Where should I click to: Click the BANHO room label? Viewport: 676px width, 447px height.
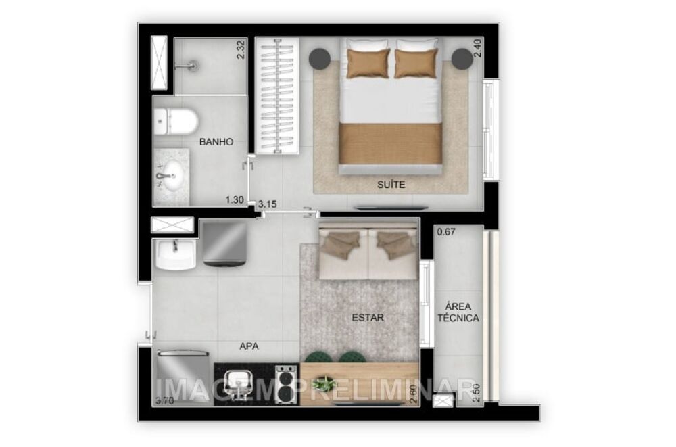[x=216, y=142]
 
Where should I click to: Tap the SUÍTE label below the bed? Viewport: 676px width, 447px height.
[x=392, y=183]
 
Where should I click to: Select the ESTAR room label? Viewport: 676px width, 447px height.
[x=368, y=316]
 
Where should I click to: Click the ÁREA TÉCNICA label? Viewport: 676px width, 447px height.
[x=458, y=312]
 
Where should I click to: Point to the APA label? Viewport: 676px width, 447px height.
[x=249, y=346]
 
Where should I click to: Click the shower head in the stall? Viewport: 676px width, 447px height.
[x=193, y=66]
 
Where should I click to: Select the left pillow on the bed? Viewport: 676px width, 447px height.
[x=368, y=64]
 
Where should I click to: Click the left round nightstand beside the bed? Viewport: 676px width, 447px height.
[x=320, y=58]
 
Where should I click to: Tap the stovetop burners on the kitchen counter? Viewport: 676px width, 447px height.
[x=285, y=384]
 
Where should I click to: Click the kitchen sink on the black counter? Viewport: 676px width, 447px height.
[x=237, y=384]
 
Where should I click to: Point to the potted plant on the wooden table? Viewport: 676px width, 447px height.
[x=324, y=385]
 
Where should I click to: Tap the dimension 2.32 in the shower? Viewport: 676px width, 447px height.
[x=240, y=50]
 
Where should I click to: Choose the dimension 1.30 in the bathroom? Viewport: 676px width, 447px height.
[x=234, y=199]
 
